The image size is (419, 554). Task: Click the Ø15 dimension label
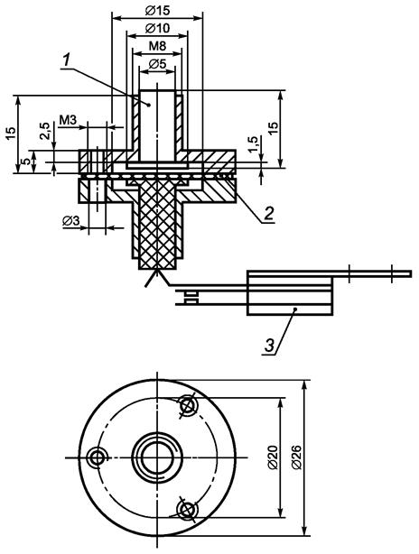click(157, 11)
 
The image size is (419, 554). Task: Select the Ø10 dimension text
click(157, 28)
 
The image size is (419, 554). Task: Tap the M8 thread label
click(157, 46)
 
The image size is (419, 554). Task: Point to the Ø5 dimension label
click(157, 64)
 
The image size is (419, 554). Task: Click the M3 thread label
click(68, 120)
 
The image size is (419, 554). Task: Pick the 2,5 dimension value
click(44, 131)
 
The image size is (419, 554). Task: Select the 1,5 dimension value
click(253, 144)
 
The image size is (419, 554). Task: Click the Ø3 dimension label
click(71, 221)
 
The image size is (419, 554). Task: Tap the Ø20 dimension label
click(274, 457)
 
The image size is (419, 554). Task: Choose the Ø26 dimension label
click(297, 457)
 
